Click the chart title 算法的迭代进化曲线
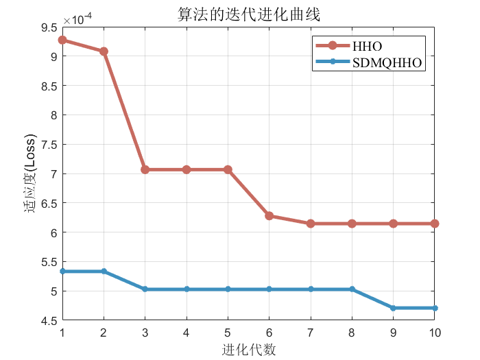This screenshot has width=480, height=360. pyautogui.click(x=249, y=15)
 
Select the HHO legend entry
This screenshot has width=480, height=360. pyautogui.click(x=367, y=46)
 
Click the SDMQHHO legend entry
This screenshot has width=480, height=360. pyautogui.click(x=385, y=62)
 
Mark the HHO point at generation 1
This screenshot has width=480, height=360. pyautogui.click(x=62, y=40)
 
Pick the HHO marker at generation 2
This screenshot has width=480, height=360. pyautogui.click(x=104, y=51)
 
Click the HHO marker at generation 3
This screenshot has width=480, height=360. pyautogui.click(x=145, y=169)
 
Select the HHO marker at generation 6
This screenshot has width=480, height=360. pyautogui.click(x=269, y=216)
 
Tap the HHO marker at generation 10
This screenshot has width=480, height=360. pyautogui.click(x=435, y=224)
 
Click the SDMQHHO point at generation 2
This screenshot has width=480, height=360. pyautogui.click(x=104, y=272)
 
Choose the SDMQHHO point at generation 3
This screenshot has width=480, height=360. pyautogui.click(x=145, y=289)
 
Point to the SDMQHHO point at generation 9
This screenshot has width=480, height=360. pyautogui.click(x=394, y=308)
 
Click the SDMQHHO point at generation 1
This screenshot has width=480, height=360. pyautogui.click(x=62, y=272)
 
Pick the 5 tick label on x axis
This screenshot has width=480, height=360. pyautogui.click(x=228, y=333)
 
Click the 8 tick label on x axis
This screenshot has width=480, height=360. pyautogui.click(x=352, y=333)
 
